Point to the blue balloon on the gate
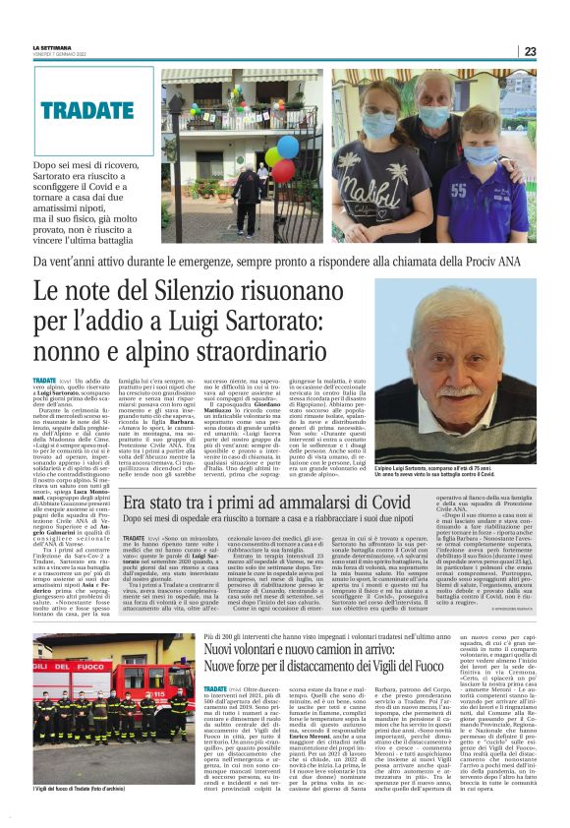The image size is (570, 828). [288, 147]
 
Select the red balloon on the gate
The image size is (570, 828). [284, 169]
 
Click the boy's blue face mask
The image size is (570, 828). [482, 155]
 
